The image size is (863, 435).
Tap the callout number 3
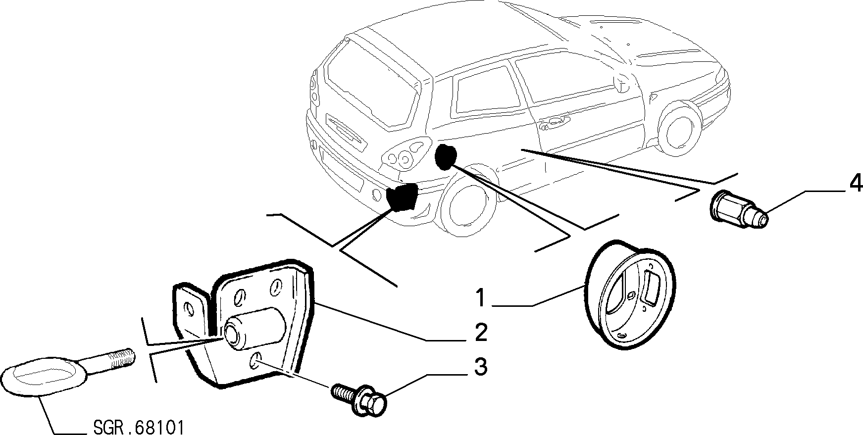(x=480, y=367)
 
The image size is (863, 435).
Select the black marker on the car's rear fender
(x=445, y=157)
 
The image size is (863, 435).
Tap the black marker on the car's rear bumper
(x=401, y=197)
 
